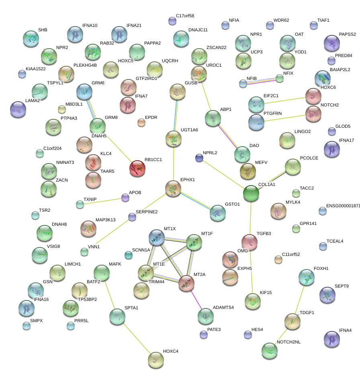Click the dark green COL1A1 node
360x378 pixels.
(x=251, y=193)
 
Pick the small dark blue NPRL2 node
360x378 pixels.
(x=199, y=158)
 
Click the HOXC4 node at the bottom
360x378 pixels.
(x=155, y=360)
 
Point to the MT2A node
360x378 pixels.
(x=186, y=283)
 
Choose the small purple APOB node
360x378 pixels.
(x=125, y=198)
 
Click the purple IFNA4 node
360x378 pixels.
(x=331, y=339)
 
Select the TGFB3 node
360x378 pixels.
(x=249, y=242)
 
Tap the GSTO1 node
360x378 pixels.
(x=217, y=213)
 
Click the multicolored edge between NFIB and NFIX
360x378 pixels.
(x=261, y=81)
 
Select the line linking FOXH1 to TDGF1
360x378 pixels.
(x=299, y=299)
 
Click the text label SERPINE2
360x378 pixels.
(x=147, y=212)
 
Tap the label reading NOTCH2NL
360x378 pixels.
(x=288, y=342)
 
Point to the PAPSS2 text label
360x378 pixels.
(x=348, y=35)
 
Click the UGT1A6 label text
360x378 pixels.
(x=189, y=130)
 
